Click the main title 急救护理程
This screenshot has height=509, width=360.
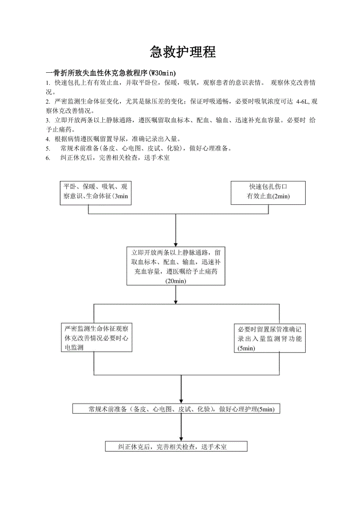[183, 52]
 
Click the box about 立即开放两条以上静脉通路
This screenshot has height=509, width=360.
[176, 266]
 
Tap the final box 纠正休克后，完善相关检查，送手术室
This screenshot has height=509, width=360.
[176, 446]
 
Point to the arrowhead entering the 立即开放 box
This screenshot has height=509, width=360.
[176, 243]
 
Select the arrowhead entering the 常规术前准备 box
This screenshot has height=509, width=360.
[181, 401]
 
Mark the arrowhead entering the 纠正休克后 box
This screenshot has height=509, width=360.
[181, 438]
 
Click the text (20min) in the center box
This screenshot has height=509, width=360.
[176, 281]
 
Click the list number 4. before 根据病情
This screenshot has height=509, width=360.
[48, 139]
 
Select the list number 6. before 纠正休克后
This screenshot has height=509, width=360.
[48, 158]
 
